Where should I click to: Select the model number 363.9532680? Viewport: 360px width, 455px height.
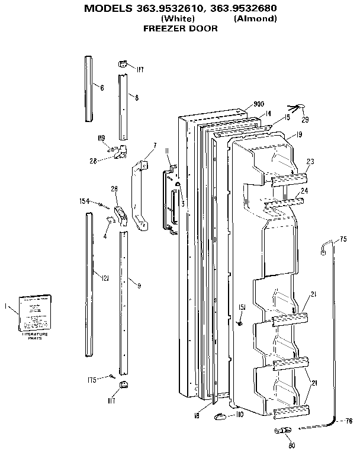coord(245,8)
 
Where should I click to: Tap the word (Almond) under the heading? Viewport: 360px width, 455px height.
coord(255,18)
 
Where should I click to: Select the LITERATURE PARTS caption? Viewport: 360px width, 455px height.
coord(35,337)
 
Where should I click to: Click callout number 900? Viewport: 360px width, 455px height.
coord(258,104)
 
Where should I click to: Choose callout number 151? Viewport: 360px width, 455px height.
coord(242,306)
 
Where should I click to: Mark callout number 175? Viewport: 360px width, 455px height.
coord(92,380)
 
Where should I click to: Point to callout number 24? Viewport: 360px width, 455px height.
coord(304,191)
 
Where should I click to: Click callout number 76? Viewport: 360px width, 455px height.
coord(348,421)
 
